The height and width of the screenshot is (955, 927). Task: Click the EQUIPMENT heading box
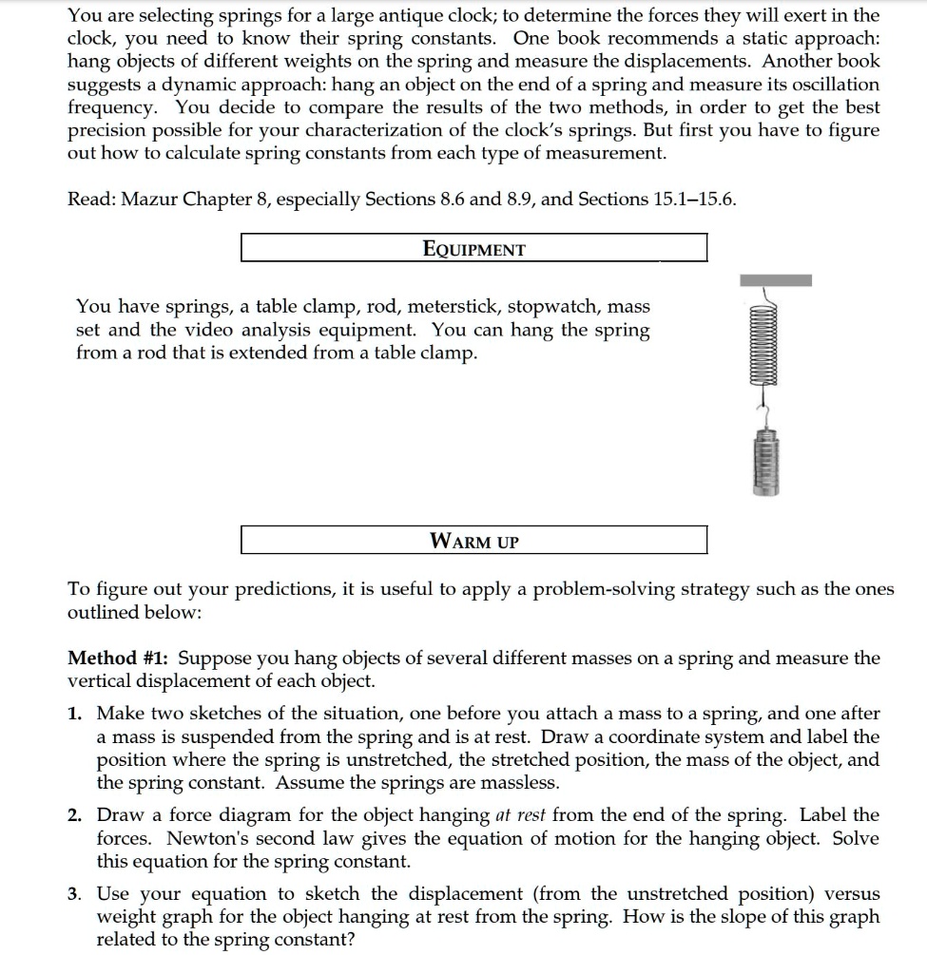coord(473,249)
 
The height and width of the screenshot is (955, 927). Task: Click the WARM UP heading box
coord(473,542)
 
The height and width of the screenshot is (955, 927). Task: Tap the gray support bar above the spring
coord(776,280)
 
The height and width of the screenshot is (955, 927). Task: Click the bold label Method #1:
coord(120,659)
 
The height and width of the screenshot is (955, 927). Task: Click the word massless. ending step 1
coord(522,784)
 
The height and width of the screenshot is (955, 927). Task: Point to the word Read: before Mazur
coord(91,201)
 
